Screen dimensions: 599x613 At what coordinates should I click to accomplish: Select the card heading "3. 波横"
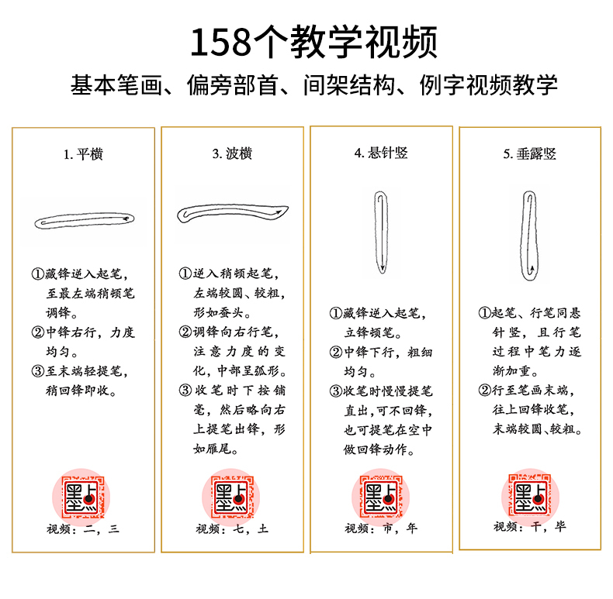point(232,154)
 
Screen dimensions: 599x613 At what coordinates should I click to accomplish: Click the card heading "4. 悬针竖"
point(381,153)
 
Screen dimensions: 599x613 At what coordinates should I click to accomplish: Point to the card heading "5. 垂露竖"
point(530,154)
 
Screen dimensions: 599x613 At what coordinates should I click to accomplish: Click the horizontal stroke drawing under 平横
point(89,220)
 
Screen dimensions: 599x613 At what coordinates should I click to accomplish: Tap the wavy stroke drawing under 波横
point(233,212)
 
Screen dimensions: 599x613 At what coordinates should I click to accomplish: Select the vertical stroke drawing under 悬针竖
point(381,232)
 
